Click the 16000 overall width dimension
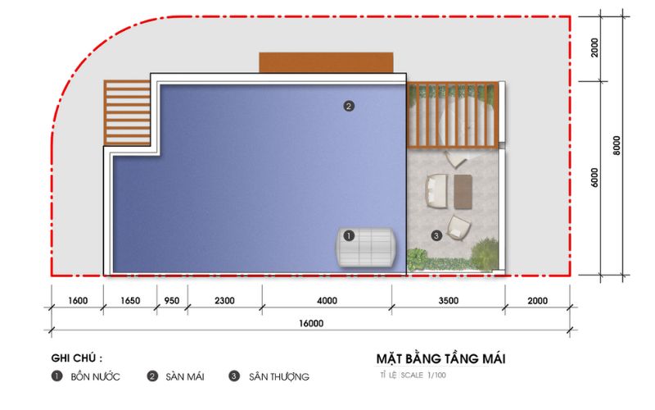click(x=311, y=323)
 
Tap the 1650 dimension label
click(x=130, y=301)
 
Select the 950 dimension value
click(x=172, y=301)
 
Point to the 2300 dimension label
click(x=224, y=301)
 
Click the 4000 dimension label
click(x=327, y=301)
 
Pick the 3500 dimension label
click(x=449, y=301)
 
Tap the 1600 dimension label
click(x=78, y=301)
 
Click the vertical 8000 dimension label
click(x=617, y=146)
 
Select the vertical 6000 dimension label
click(x=595, y=178)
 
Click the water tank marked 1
click(x=366, y=248)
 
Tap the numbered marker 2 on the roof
click(x=349, y=107)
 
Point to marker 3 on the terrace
click(x=436, y=235)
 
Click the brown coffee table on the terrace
click(x=463, y=192)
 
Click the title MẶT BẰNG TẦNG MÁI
click(x=441, y=359)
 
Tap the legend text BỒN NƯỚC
click(x=95, y=377)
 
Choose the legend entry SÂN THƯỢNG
click(x=279, y=377)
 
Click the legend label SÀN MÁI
click(x=185, y=377)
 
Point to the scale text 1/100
click(x=436, y=376)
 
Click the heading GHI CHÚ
click(x=77, y=358)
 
